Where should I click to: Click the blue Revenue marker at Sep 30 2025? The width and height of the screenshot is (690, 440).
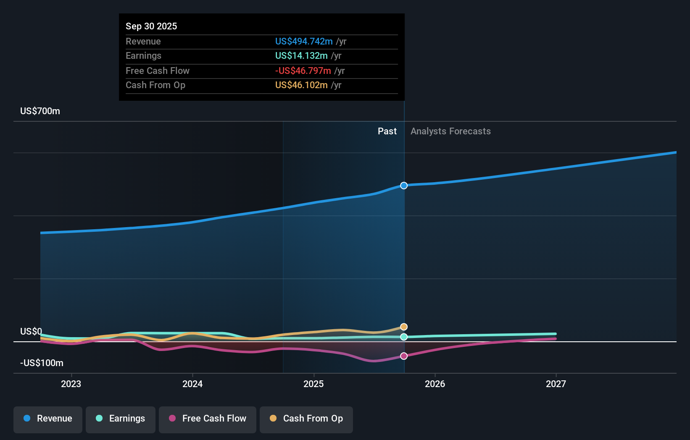(x=404, y=186)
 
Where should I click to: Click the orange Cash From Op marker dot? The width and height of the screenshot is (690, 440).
(x=404, y=327)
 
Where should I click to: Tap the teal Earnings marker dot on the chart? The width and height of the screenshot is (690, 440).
(x=404, y=337)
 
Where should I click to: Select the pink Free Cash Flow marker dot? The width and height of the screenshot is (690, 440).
(x=404, y=356)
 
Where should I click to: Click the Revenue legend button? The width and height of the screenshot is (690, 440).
(x=48, y=419)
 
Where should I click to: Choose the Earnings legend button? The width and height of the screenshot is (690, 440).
(x=121, y=419)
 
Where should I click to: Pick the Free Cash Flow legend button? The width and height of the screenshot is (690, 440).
(x=208, y=419)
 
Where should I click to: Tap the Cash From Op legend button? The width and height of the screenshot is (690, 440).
(x=306, y=419)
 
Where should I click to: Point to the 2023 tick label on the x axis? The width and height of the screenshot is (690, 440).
(x=71, y=384)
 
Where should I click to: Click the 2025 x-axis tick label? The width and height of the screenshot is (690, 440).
(x=313, y=384)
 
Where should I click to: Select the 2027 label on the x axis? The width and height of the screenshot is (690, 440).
(x=556, y=384)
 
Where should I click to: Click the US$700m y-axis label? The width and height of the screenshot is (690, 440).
(x=40, y=111)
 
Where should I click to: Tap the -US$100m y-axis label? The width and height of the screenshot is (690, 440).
(x=42, y=363)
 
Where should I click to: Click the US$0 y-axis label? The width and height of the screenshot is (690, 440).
(x=31, y=332)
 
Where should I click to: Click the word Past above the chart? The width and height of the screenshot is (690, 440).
(x=387, y=131)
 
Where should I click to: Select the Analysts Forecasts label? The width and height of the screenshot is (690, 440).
(x=450, y=131)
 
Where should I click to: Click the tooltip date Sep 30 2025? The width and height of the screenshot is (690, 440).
(x=151, y=26)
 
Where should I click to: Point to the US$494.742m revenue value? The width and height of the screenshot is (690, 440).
(x=304, y=41)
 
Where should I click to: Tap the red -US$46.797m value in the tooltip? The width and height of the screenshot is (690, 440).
(x=303, y=71)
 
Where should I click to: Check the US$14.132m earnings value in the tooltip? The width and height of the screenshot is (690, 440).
(x=301, y=56)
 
